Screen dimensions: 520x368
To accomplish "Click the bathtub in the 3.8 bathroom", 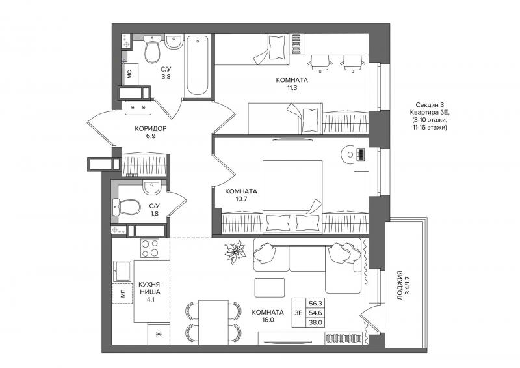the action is coord(198,65).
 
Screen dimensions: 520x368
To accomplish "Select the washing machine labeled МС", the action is coord(129,74).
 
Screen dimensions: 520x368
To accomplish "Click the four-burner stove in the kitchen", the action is coord(150,248).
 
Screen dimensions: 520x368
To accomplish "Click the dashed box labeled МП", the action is coord(123,294).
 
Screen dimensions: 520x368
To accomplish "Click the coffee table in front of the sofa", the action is coord(270,287).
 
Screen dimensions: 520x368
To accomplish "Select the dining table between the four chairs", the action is coord(213,322).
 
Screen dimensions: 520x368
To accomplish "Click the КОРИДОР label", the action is coord(151,128).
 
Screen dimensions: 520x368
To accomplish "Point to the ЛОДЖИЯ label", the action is coord(400,285).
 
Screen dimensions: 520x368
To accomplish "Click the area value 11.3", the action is coord(292,88).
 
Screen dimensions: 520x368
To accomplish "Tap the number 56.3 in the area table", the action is coord(315,303).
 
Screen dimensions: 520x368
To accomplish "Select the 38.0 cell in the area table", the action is coord(315,322).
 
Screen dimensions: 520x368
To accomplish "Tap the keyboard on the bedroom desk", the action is coord(361,154).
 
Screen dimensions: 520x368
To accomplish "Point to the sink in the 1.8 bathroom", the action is coord(152,187).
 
